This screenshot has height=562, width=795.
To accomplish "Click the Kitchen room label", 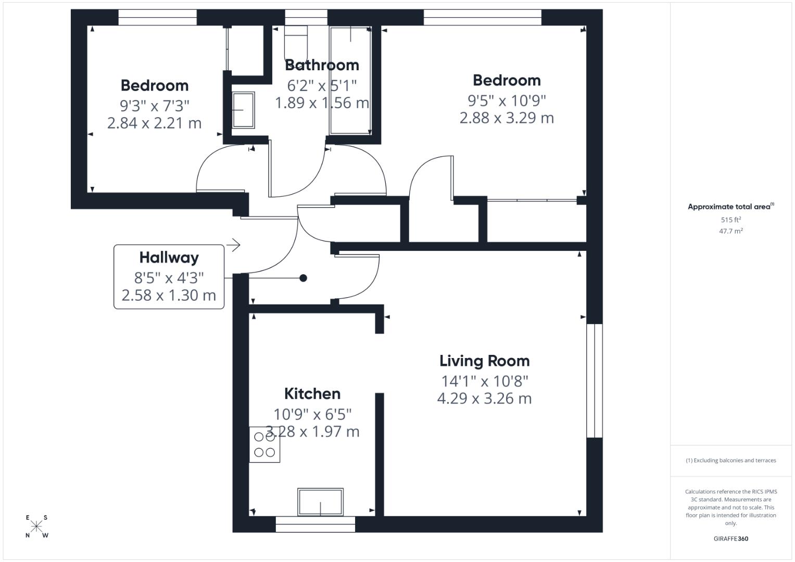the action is point(312,394).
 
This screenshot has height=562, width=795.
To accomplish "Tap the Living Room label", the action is point(485,361).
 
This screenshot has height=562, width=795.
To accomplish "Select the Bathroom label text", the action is point(322,65).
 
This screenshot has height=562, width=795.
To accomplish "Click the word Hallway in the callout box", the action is point(169,258).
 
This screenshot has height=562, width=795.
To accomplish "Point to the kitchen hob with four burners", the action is point(264,444).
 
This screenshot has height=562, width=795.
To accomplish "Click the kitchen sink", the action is point(320,502).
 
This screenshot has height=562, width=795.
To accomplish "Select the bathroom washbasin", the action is point(243,110).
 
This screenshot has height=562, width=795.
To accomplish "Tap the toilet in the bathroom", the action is point(296,43).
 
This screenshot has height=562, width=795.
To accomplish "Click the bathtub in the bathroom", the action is point(351,81).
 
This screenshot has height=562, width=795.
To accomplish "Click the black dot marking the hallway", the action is point(303,278).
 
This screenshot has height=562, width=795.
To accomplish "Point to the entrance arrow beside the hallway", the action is point(233,245).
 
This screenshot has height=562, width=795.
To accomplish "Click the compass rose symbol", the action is point(36,527).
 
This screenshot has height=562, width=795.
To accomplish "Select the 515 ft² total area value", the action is point(731,220).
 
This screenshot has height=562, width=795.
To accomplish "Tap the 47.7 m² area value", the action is point(731,231).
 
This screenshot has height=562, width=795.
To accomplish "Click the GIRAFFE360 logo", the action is point(731,539).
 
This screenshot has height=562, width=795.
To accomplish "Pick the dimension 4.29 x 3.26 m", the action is point(485,399).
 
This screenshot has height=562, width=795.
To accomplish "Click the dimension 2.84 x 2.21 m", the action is point(155,123).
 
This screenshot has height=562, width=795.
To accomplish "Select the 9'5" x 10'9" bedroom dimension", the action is point(507,101).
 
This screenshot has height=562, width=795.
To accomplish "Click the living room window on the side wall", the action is point(595,381).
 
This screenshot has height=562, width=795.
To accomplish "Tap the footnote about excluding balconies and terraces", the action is point(731,461).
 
